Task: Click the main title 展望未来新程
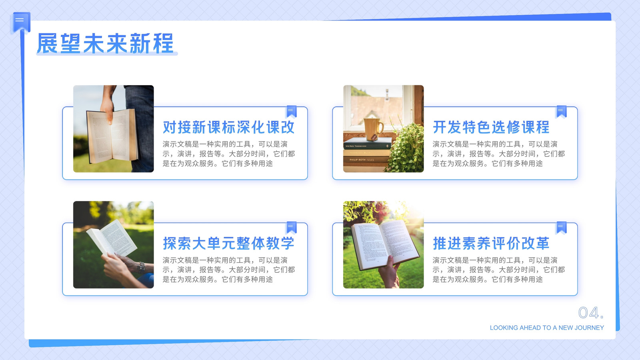pos(105,44)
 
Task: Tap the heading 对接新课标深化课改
pos(228,127)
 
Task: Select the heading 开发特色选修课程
pos(491,127)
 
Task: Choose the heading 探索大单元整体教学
pos(228,243)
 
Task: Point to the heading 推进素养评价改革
pos(491,243)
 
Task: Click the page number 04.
pos(591,312)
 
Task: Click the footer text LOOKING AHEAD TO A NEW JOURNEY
pos(547,328)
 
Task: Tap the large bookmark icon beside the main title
pos(20,22)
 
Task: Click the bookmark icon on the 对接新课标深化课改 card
pos(291,112)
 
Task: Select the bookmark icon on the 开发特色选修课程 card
pos(561,112)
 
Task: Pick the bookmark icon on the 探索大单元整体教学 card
pos(291,228)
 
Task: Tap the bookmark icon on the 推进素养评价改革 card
pos(561,228)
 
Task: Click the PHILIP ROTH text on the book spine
pos(357,160)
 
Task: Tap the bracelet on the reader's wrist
pos(142,268)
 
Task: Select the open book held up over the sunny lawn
pos(384,244)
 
